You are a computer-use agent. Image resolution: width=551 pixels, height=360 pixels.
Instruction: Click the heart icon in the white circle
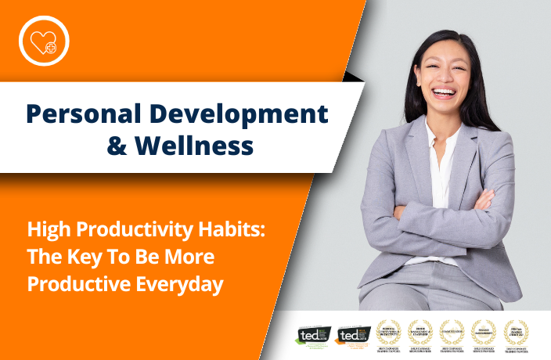pyautogui.click(x=44, y=40)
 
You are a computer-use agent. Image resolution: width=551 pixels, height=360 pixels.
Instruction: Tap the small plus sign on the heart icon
pyautogui.click(x=52, y=48)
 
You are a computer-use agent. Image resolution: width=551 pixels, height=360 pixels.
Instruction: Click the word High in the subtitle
pyautogui.click(x=45, y=230)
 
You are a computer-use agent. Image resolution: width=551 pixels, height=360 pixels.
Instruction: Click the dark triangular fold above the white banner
pyautogui.click(x=355, y=75)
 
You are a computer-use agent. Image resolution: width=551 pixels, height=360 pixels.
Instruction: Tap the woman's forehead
pyautogui.click(x=443, y=49)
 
